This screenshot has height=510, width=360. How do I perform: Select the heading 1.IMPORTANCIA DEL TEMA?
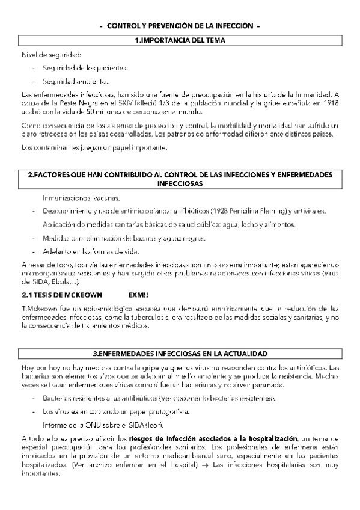coord(180,41)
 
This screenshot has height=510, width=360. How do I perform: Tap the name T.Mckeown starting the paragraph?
coord(37,309)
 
